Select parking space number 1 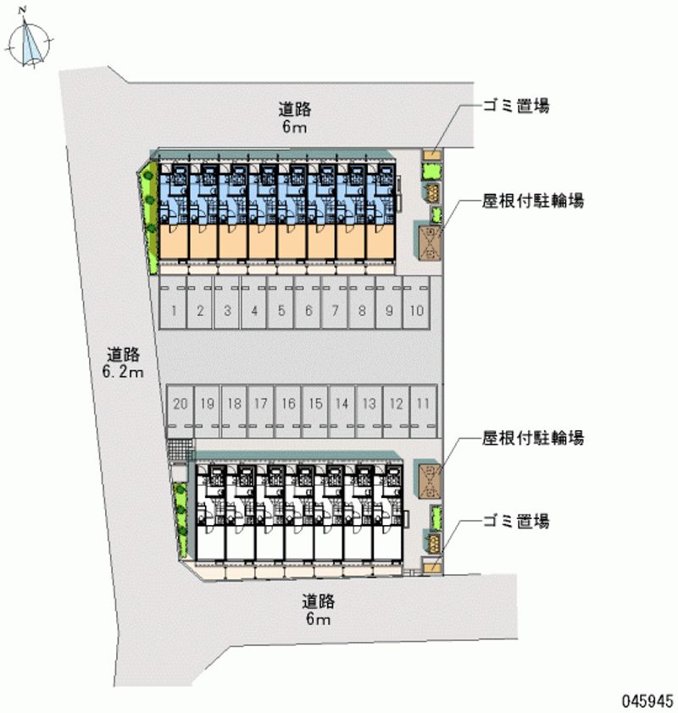173,310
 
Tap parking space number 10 415,310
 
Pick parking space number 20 179,404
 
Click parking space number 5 281,310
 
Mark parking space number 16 288,404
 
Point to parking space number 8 362,310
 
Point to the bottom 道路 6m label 318,611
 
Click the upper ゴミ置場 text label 516,106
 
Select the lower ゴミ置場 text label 516,522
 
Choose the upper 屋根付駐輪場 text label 534,201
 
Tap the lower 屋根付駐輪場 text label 534,438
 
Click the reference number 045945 647,702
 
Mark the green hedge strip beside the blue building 150,216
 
